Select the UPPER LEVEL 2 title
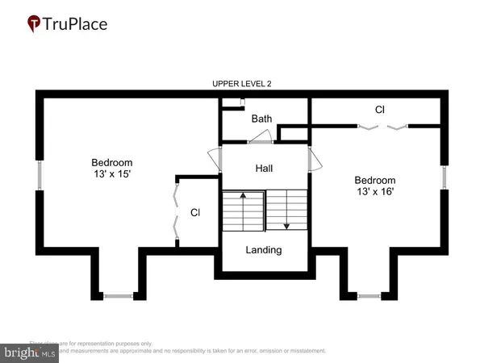pos(242,84)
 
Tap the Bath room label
pos(261,119)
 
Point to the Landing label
pos(264,250)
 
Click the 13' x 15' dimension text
pos(111,173)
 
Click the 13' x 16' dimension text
pos(375,191)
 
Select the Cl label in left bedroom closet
pos(195,213)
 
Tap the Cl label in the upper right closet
pos(379,109)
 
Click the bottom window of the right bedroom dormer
pos(370,297)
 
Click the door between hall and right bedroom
pos(315,161)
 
